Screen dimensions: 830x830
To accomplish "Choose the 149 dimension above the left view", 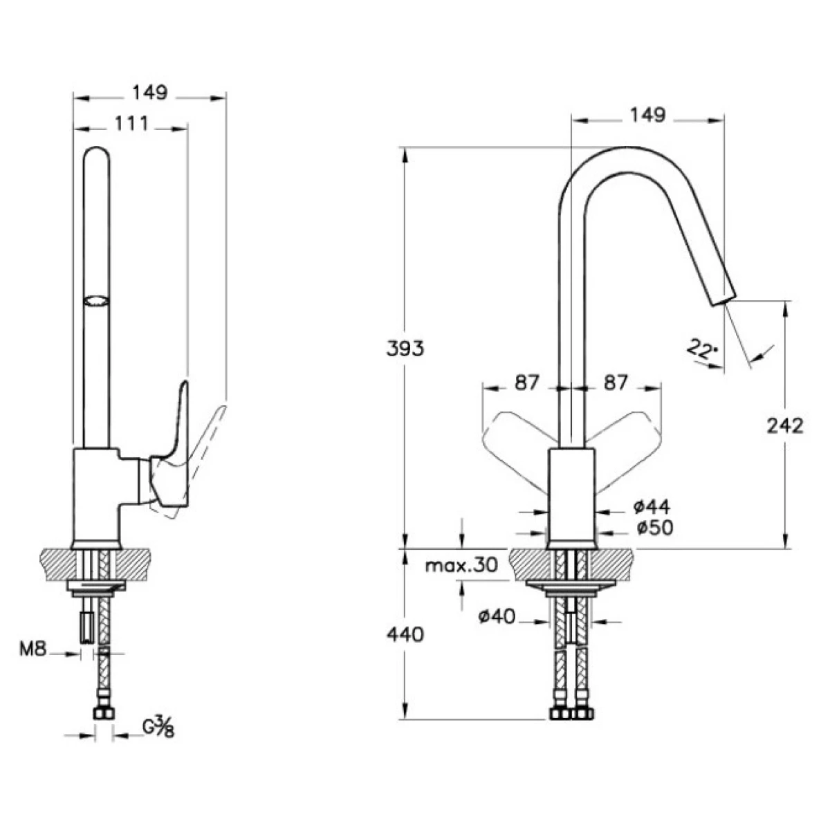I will tap(150, 93).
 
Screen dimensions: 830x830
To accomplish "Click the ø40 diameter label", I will tap(497, 616).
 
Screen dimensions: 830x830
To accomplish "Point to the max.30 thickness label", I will tap(461, 566).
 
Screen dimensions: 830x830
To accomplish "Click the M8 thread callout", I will tap(32, 649).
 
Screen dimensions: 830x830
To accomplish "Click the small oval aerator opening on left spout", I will tap(95, 301).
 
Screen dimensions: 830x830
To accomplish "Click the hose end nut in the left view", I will tap(104, 714).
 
